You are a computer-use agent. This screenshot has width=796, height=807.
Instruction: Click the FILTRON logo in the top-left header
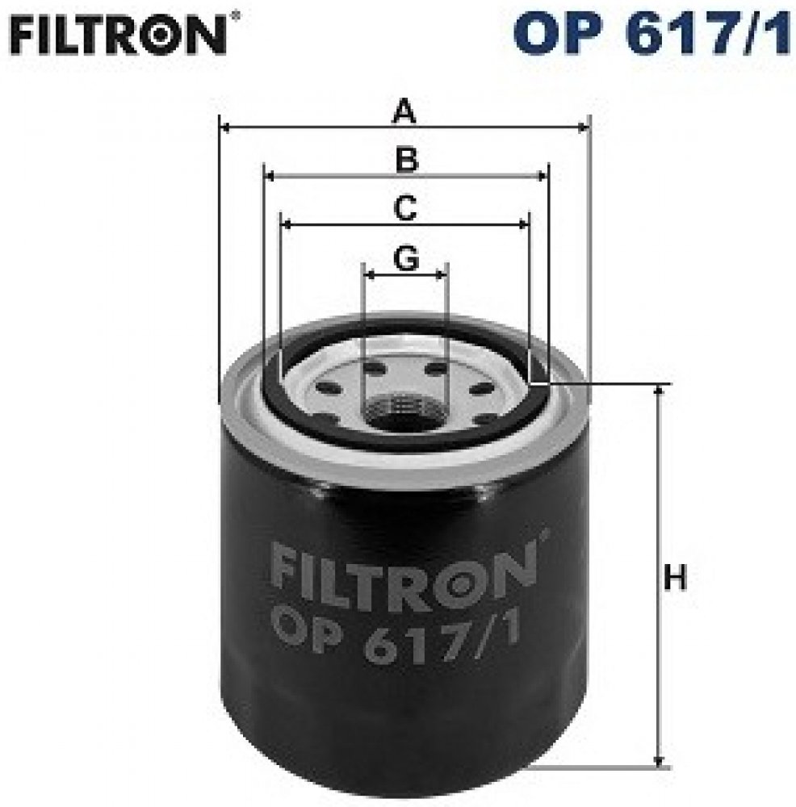[119, 35]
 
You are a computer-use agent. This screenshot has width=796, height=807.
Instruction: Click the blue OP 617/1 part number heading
[652, 33]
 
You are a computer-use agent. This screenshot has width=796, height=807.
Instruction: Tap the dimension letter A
[404, 112]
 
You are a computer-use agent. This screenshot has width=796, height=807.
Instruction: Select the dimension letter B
[407, 160]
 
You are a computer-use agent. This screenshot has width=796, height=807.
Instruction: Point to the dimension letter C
[405, 208]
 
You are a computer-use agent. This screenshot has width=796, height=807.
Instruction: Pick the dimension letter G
[406, 258]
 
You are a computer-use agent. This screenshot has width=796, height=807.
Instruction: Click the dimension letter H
[675, 578]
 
